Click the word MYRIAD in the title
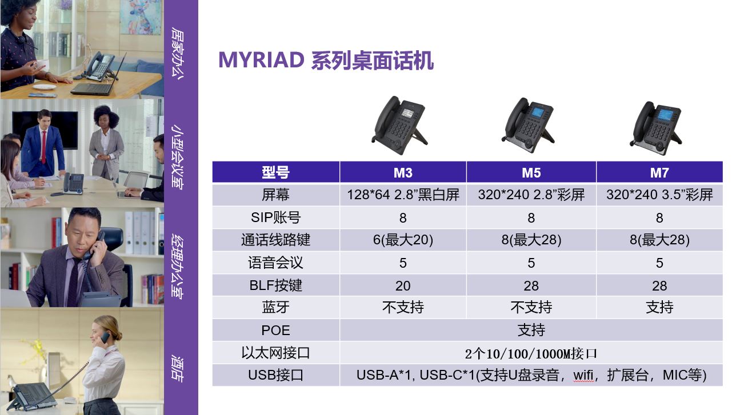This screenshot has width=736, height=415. click(x=261, y=60)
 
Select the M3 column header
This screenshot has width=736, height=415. click(x=403, y=172)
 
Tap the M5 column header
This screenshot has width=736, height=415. click(x=531, y=172)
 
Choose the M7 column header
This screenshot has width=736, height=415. click(x=659, y=172)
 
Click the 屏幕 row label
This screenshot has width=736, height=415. click(x=275, y=195)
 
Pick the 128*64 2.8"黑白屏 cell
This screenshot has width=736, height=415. click(x=403, y=195)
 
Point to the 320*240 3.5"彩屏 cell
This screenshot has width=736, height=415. click(x=659, y=195)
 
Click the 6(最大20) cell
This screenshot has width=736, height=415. click(x=403, y=240)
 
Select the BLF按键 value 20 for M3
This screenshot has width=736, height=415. click(x=403, y=285)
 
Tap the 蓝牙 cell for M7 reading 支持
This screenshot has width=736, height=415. click(x=659, y=307)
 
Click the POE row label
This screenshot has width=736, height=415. click(x=275, y=331)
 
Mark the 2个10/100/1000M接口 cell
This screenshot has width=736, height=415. click(x=531, y=353)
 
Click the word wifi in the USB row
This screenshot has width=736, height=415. click(x=583, y=375)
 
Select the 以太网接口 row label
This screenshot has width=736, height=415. click(x=275, y=353)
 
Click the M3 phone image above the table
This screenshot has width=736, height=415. click(x=400, y=125)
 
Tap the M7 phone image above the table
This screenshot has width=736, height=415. click(x=656, y=128)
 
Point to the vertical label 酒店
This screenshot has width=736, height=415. click(x=178, y=368)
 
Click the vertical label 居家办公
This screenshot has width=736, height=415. click(x=178, y=53)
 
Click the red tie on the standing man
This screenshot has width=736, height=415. click(x=43, y=147)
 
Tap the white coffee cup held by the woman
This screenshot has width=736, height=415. click(x=43, y=65)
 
